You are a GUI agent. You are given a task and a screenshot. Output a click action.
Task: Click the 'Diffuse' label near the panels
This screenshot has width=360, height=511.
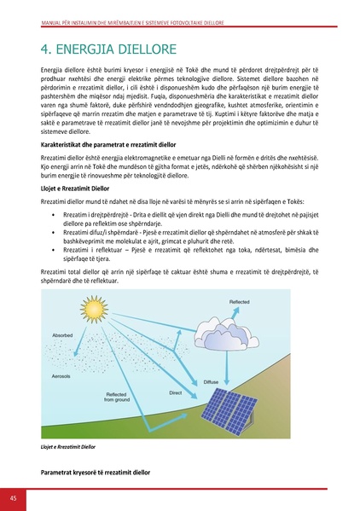[211, 381]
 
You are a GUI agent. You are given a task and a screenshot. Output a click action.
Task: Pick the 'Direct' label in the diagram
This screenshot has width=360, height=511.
[176, 392]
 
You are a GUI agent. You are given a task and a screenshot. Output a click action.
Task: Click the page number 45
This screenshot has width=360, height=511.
[14, 498]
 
